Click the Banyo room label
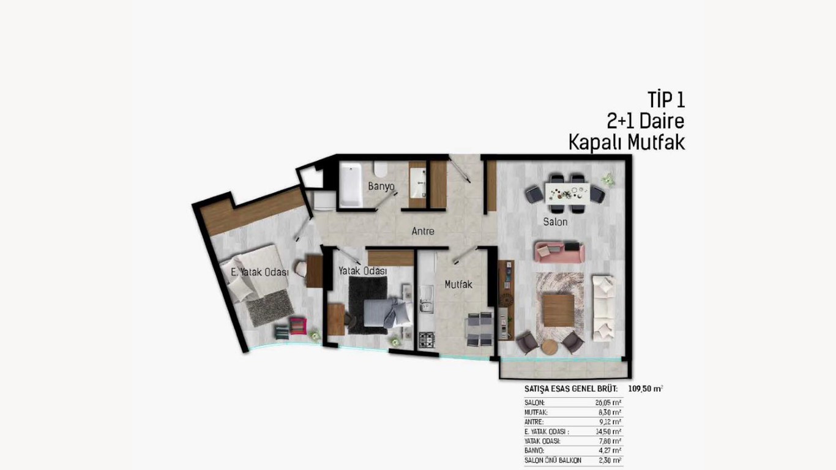tap(381, 186)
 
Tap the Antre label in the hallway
tap(423, 231)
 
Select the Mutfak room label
tap(458, 285)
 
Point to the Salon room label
tap(555, 222)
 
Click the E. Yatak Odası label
tap(259, 272)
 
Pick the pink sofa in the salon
tap(559, 252)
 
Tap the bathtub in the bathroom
tap(351, 184)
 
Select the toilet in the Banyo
tap(381, 170)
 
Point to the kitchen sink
tap(426, 299)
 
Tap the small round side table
tap(550, 347)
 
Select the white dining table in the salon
tap(567, 193)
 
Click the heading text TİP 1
tap(666, 100)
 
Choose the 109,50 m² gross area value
tap(646, 389)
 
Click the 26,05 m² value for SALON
tap(608, 403)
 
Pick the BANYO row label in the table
tap(534, 450)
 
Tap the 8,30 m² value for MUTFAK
tap(610, 412)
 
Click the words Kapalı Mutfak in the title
tap(627, 142)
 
